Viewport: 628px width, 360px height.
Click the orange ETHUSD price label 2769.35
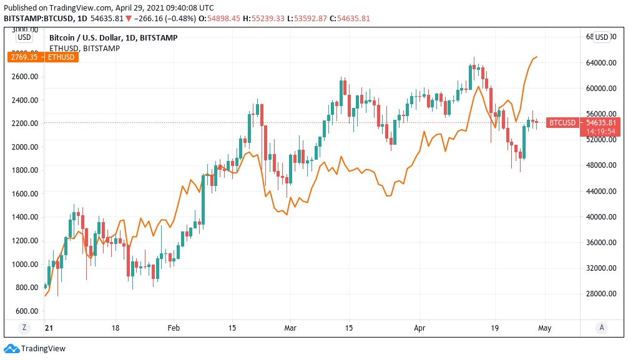tap(42, 57)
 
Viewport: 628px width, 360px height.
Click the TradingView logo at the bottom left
tap(35, 349)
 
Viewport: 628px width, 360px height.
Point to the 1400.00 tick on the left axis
tap(25, 217)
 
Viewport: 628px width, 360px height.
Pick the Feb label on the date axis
tap(174, 327)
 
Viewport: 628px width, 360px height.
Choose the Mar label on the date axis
tap(290, 327)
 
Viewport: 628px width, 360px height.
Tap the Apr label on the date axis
tap(419, 327)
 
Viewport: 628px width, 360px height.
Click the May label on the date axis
tap(545, 327)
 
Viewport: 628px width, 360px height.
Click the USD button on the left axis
tap(24, 37)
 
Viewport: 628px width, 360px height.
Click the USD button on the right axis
tap(601, 37)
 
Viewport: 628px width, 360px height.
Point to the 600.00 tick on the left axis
tap(27, 311)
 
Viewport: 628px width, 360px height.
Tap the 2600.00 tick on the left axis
tap(25, 77)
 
